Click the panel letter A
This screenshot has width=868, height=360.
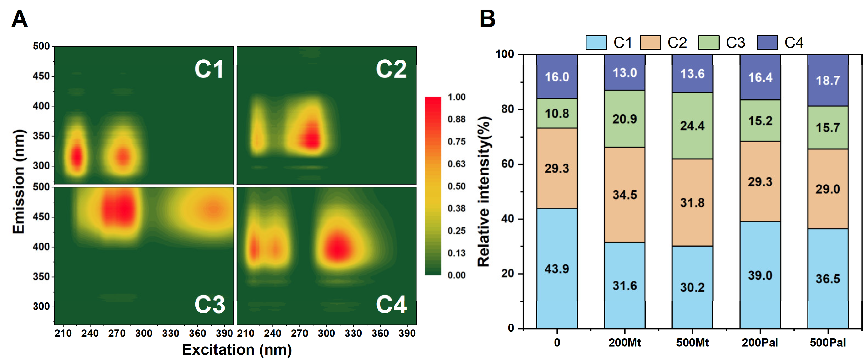[19, 19]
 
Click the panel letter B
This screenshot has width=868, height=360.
[487, 19]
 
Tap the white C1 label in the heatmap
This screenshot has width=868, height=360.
[209, 69]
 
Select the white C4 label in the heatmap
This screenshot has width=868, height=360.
[391, 305]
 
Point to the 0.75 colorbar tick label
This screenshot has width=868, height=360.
[456, 141]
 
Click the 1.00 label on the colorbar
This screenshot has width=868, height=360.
[456, 97]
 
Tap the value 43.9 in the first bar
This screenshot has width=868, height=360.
[557, 269]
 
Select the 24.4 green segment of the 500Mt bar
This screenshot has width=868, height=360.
[692, 126]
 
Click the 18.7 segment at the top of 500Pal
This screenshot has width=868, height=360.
[828, 80]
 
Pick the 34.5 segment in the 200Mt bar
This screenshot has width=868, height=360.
[624, 195]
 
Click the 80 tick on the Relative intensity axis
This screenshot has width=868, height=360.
[507, 109]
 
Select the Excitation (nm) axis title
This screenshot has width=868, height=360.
[237, 350]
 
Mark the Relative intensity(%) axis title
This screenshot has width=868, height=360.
[484, 192]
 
